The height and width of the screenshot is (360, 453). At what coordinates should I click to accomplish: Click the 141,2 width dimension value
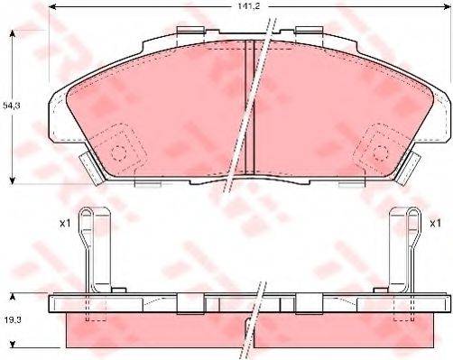pyautogui.click(x=249, y=6)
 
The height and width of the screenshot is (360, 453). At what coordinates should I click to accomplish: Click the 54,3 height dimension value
pyautogui.click(x=12, y=106)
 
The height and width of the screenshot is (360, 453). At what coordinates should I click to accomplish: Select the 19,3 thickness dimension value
pyautogui.click(x=13, y=320)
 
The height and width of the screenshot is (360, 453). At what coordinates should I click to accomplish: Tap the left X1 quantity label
pyautogui.click(x=65, y=224)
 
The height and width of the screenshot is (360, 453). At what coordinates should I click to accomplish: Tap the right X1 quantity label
pyautogui.click(x=435, y=224)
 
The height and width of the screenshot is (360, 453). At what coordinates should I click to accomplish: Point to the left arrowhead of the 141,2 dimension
pyautogui.click(x=52, y=6)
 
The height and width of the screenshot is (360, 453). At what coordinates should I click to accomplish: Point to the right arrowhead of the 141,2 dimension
pyautogui.click(x=446, y=6)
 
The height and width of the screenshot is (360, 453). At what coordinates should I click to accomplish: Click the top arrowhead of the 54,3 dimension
pyautogui.click(x=13, y=33)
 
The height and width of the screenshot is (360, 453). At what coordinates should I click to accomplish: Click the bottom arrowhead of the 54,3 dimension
pyautogui.click(x=13, y=180)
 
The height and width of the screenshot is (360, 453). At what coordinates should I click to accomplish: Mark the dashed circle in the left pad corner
pyautogui.click(x=117, y=153)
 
